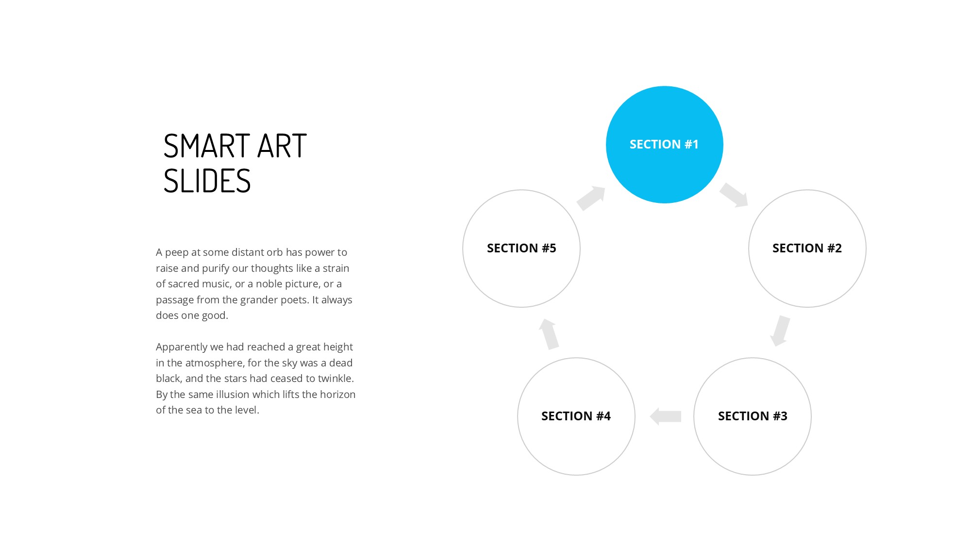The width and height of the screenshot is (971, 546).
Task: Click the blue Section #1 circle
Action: (665, 145)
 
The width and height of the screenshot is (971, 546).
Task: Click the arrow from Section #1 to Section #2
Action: (734, 195)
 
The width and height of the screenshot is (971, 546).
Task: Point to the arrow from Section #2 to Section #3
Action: (780, 331)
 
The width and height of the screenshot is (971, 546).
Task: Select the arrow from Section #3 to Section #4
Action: (665, 416)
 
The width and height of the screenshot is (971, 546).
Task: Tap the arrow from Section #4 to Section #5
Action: (549, 334)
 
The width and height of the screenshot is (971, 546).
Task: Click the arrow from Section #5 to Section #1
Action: (591, 198)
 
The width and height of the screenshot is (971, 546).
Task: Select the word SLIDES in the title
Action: (207, 181)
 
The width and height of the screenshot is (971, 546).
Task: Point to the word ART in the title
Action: (282, 146)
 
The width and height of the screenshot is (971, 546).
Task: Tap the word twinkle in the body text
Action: (335, 379)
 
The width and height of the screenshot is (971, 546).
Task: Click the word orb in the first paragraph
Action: (274, 252)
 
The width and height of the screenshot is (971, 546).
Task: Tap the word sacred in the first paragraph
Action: (183, 284)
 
